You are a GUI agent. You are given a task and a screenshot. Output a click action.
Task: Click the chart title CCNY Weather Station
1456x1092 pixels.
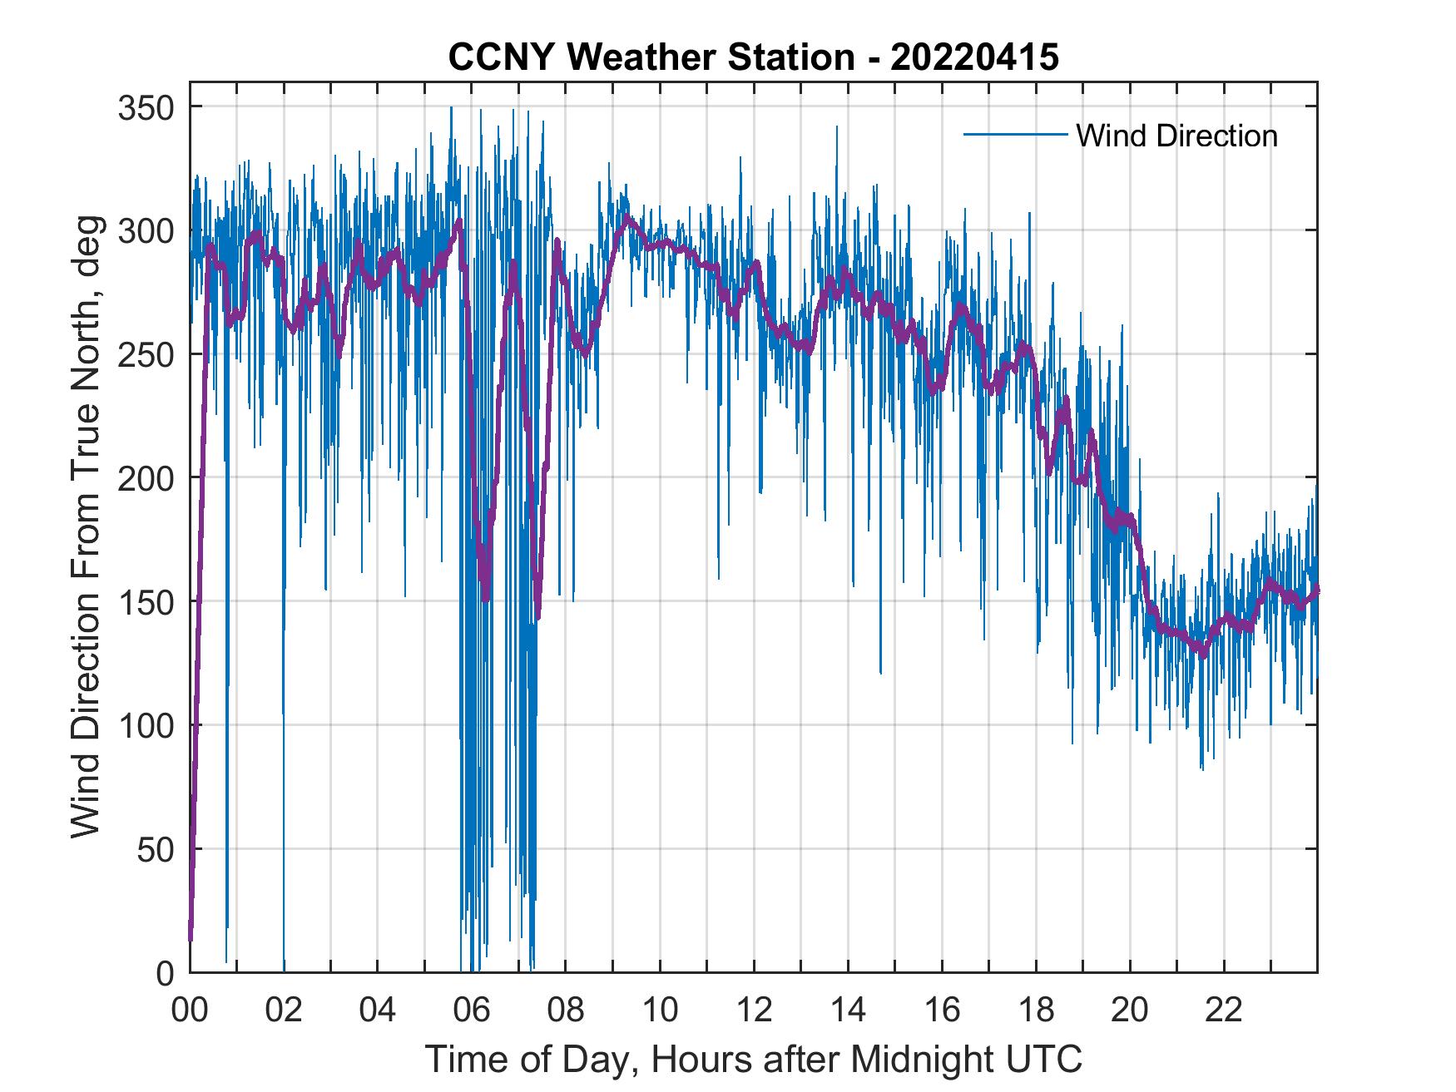click(x=651, y=57)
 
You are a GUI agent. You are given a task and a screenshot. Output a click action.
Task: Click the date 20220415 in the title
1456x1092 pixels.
click(x=974, y=57)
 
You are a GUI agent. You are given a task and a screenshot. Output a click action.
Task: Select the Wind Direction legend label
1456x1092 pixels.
click(x=1176, y=136)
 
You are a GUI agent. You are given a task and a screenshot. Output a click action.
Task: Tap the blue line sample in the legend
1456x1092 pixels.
click(x=1015, y=135)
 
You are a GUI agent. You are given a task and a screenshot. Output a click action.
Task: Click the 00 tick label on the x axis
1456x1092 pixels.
click(x=190, y=1011)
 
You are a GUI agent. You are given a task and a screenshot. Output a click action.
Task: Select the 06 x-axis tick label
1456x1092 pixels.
click(x=472, y=1011)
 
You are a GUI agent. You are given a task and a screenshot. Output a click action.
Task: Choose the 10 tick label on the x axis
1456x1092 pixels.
click(x=660, y=1011)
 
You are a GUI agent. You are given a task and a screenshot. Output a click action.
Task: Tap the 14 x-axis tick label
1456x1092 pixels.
click(x=848, y=1011)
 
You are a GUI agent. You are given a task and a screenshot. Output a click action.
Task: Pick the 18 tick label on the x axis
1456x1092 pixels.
click(x=1036, y=1011)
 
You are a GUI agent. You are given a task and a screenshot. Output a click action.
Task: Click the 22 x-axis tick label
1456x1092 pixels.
click(x=1224, y=1011)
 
